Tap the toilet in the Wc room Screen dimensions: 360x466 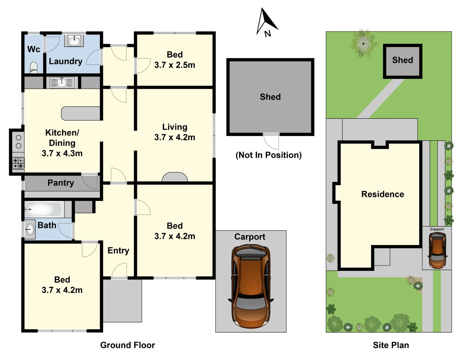click(x=34, y=67)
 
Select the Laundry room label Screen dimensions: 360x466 click(x=66, y=61)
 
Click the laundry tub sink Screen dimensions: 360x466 click(x=74, y=41)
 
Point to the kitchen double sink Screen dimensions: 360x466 click(x=62, y=82)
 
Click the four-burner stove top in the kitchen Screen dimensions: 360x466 click(x=18, y=163)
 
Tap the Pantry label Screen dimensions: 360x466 click(x=61, y=183)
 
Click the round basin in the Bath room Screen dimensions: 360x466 click(x=30, y=229)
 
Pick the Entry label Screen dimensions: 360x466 click(x=118, y=250)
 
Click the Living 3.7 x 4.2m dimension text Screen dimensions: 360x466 click(x=175, y=137)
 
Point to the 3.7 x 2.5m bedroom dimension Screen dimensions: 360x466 click(x=175, y=65)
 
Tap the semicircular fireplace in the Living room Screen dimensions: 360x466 click(x=175, y=177)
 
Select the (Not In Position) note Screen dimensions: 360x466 click(x=268, y=155)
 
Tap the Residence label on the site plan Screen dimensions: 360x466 click(x=382, y=194)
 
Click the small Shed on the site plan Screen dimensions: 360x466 click(x=402, y=61)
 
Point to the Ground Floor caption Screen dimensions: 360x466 click(x=128, y=345)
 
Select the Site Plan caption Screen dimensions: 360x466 click(x=391, y=345)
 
